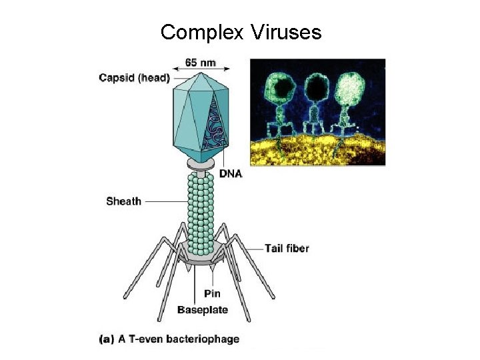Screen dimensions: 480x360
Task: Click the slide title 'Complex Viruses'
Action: pyautogui.click(x=241, y=31)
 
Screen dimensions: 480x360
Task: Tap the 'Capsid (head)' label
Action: pyautogui.click(x=134, y=77)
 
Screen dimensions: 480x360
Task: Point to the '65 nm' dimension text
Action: pyautogui.click(x=200, y=63)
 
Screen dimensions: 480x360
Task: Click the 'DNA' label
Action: pyautogui.click(x=230, y=174)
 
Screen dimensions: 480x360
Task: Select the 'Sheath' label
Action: pyautogui.click(x=123, y=201)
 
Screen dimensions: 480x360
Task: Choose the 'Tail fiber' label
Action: pyautogui.click(x=287, y=249)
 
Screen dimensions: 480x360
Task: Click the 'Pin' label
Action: pyautogui.click(x=211, y=294)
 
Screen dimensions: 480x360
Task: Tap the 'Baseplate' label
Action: pyautogui.click(x=202, y=309)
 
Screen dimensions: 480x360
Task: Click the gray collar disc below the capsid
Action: pyautogui.click(x=201, y=163)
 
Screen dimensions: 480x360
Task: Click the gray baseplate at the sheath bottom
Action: pyautogui.click(x=200, y=257)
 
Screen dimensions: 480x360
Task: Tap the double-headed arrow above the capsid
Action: pyautogui.click(x=201, y=68)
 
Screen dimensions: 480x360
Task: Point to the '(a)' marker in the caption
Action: pyautogui.click(x=106, y=339)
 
